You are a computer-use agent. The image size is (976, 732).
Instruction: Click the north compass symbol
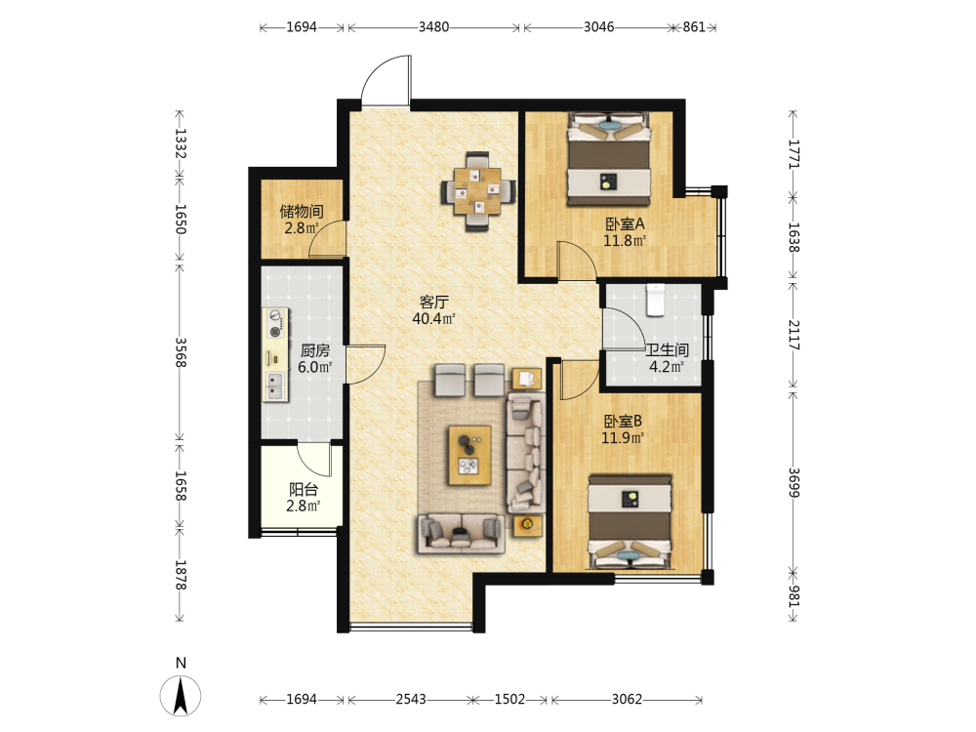pos(181,695)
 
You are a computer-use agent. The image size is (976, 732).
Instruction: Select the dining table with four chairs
pos(478,191)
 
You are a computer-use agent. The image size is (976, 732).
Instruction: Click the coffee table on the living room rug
pos(470,455)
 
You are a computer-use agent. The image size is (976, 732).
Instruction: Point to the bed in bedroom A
pos(609,159)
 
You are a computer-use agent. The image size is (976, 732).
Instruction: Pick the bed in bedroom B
pos(630,521)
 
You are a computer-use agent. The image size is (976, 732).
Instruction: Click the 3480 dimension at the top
pos(433,26)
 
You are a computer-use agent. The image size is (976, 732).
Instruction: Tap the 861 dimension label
pos(693,26)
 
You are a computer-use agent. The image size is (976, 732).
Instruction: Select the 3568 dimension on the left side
pos(180,352)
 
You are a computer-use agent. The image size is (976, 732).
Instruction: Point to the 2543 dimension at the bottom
pos(411,699)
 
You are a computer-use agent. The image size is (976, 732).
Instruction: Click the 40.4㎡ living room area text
pos(434,319)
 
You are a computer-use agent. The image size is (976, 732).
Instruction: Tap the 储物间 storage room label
pos(302,211)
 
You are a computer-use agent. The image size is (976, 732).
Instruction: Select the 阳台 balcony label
pos(304,489)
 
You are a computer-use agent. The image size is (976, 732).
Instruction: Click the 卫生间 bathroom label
pos(667,349)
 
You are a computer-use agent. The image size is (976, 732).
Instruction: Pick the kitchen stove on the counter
pos(275,324)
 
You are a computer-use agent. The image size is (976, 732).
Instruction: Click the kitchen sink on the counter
pos(274,386)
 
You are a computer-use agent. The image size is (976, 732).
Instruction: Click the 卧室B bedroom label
pos(623,421)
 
